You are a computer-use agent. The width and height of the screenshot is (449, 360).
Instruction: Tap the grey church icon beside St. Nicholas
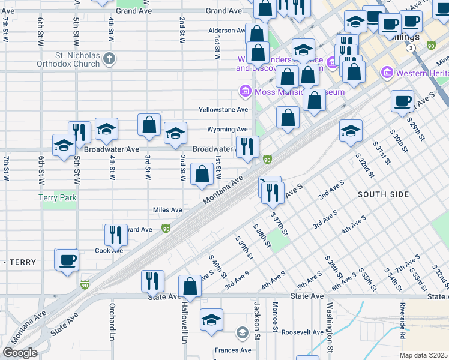pos(109,59)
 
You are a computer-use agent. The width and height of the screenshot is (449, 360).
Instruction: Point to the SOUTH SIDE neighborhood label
pos(383,194)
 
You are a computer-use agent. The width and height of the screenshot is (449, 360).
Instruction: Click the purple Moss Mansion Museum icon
pos(245,92)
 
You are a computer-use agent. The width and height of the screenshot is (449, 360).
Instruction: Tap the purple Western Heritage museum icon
pos(386,73)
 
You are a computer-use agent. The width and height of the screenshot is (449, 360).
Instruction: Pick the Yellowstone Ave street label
pos(223,110)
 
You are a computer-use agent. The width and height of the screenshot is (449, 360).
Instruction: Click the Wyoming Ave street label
pos(228,129)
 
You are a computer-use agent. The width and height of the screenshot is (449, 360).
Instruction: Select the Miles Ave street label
pos(167,210)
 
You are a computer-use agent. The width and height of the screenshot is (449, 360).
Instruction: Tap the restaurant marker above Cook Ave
pos(116,235)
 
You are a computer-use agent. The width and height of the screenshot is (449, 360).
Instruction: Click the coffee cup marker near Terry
pos(66,261)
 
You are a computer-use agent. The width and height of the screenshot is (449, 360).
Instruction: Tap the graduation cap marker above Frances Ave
pos(211,321)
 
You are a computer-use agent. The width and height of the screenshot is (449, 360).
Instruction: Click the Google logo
pos(20,353)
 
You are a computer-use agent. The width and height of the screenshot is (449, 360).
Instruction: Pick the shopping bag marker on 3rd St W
pos(149,125)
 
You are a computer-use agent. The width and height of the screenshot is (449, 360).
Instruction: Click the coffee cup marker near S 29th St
pos(402,101)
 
